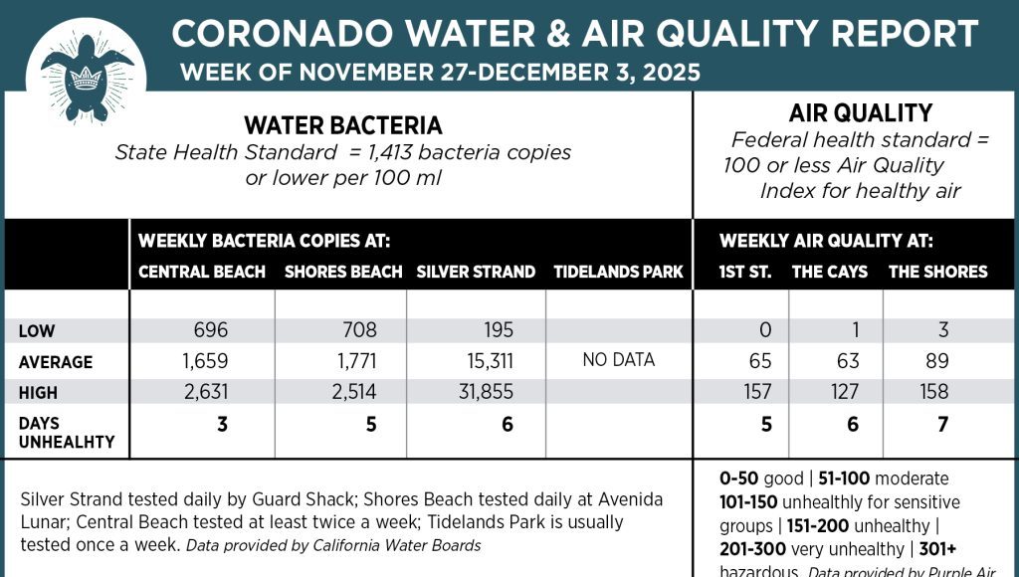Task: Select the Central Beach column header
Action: point(202,272)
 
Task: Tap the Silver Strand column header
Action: point(476,272)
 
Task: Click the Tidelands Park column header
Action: point(618,272)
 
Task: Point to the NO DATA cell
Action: point(618,360)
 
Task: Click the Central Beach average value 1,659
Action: point(207,361)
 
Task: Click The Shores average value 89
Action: point(934,361)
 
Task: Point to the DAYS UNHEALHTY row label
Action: point(67,433)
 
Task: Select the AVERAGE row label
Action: point(56,362)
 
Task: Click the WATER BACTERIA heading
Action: point(343,125)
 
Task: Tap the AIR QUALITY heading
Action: point(860,113)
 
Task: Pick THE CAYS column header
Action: point(830,272)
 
